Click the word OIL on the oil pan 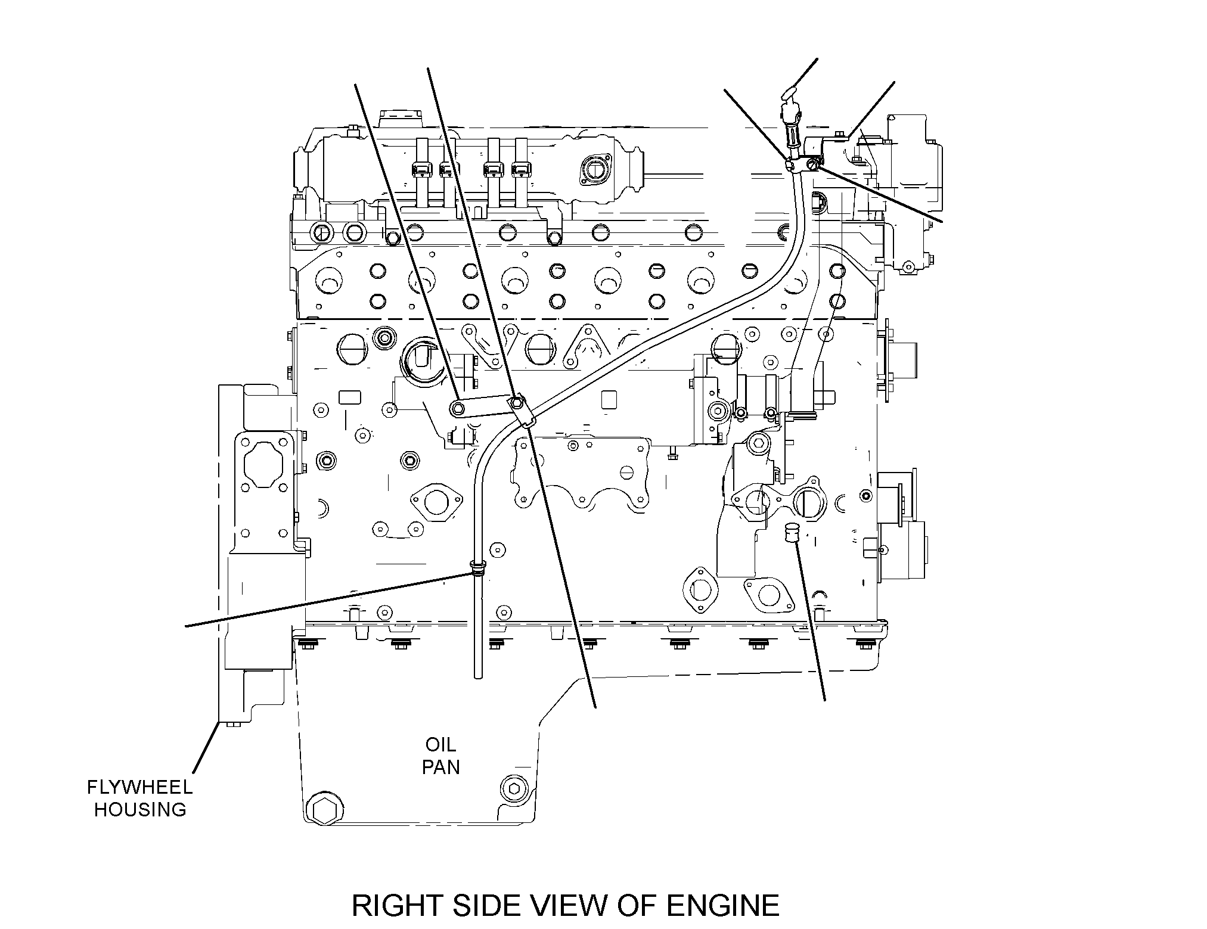[x=440, y=744]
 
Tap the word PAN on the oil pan [x=441, y=767]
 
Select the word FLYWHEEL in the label [x=140, y=787]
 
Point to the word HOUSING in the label [x=140, y=809]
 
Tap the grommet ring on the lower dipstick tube [x=477, y=567]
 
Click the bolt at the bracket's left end [x=457, y=408]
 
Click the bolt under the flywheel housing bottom [x=229, y=725]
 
